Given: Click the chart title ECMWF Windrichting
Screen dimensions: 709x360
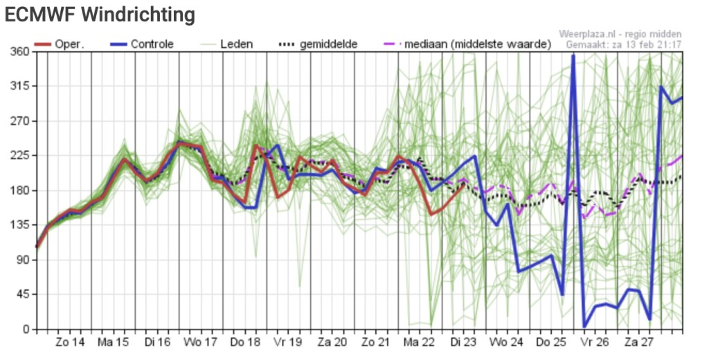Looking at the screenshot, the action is coord(100,15).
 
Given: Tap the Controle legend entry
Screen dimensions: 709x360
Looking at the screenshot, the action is coord(141,44).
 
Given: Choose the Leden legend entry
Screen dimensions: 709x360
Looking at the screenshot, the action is coord(226,44).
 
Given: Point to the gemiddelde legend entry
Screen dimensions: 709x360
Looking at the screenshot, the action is coord(317,44).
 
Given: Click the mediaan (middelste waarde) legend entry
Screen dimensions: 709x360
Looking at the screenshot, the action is coord(467,44).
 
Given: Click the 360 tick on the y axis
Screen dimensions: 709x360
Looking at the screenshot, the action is coord(19,51).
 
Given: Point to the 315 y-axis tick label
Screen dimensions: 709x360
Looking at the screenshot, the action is coord(19,87).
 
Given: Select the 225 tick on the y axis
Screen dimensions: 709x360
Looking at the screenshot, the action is coord(19,156).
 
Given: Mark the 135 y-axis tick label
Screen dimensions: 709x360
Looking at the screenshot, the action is coord(19,225).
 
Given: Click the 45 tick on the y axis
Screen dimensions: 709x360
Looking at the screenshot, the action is coord(23,295).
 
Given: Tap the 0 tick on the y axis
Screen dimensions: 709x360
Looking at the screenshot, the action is coord(26,330).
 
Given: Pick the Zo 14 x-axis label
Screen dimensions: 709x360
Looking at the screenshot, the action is coord(70,343).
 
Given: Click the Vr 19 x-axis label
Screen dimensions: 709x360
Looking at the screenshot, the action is coord(289,343).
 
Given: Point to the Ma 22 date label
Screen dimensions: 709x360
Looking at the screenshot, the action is coord(419,343).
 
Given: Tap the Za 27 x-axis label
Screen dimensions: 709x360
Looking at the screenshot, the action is coord(638,343).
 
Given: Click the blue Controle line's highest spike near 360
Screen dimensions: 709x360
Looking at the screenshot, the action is coord(573,56).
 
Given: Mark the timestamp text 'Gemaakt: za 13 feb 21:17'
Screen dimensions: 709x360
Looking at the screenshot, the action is coord(624,45).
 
